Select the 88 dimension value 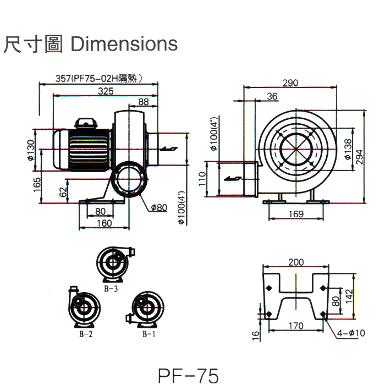pyautogui.click(x=143, y=102)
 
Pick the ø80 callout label pyautogui.click(x=158, y=207)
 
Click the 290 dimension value pyautogui.click(x=290, y=83)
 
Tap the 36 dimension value pyautogui.click(x=272, y=96)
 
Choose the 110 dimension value pyautogui.click(x=202, y=179)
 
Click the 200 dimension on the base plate pyautogui.click(x=296, y=262)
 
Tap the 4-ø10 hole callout pyautogui.click(x=350, y=333)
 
